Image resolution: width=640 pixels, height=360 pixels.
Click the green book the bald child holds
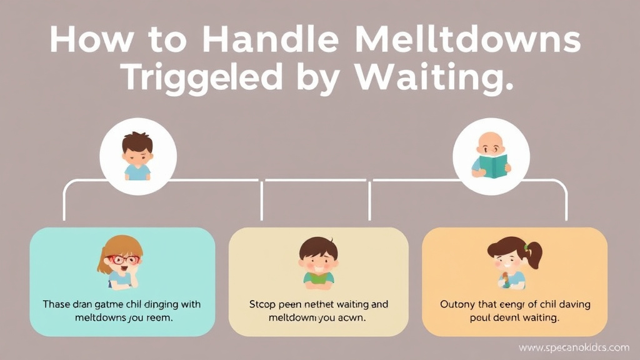tap(494, 166)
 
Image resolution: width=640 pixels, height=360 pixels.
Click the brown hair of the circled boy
tap(137, 141)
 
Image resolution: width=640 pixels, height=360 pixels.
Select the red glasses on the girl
tap(123, 259)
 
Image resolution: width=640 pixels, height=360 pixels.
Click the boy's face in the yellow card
tap(318, 261)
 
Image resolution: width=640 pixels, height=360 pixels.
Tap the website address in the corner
tap(574, 347)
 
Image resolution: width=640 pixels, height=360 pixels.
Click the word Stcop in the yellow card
tap(263, 304)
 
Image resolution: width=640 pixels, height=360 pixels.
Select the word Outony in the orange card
tap(458, 304)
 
